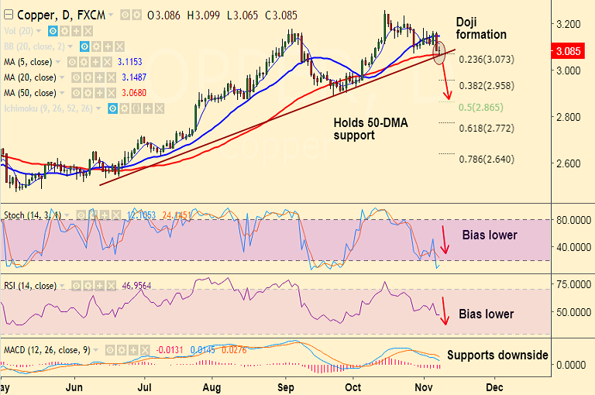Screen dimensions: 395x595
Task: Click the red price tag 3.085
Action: (571, 52)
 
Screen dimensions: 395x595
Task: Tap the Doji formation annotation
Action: (480, 28)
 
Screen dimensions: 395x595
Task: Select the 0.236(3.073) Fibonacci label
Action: (486, 59)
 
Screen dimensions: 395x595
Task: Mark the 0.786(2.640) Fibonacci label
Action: (486, 160)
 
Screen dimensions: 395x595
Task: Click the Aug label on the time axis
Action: (214, 384)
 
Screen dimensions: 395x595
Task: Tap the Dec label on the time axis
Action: (494, 384)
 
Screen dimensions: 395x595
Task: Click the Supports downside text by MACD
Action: (497, 355)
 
